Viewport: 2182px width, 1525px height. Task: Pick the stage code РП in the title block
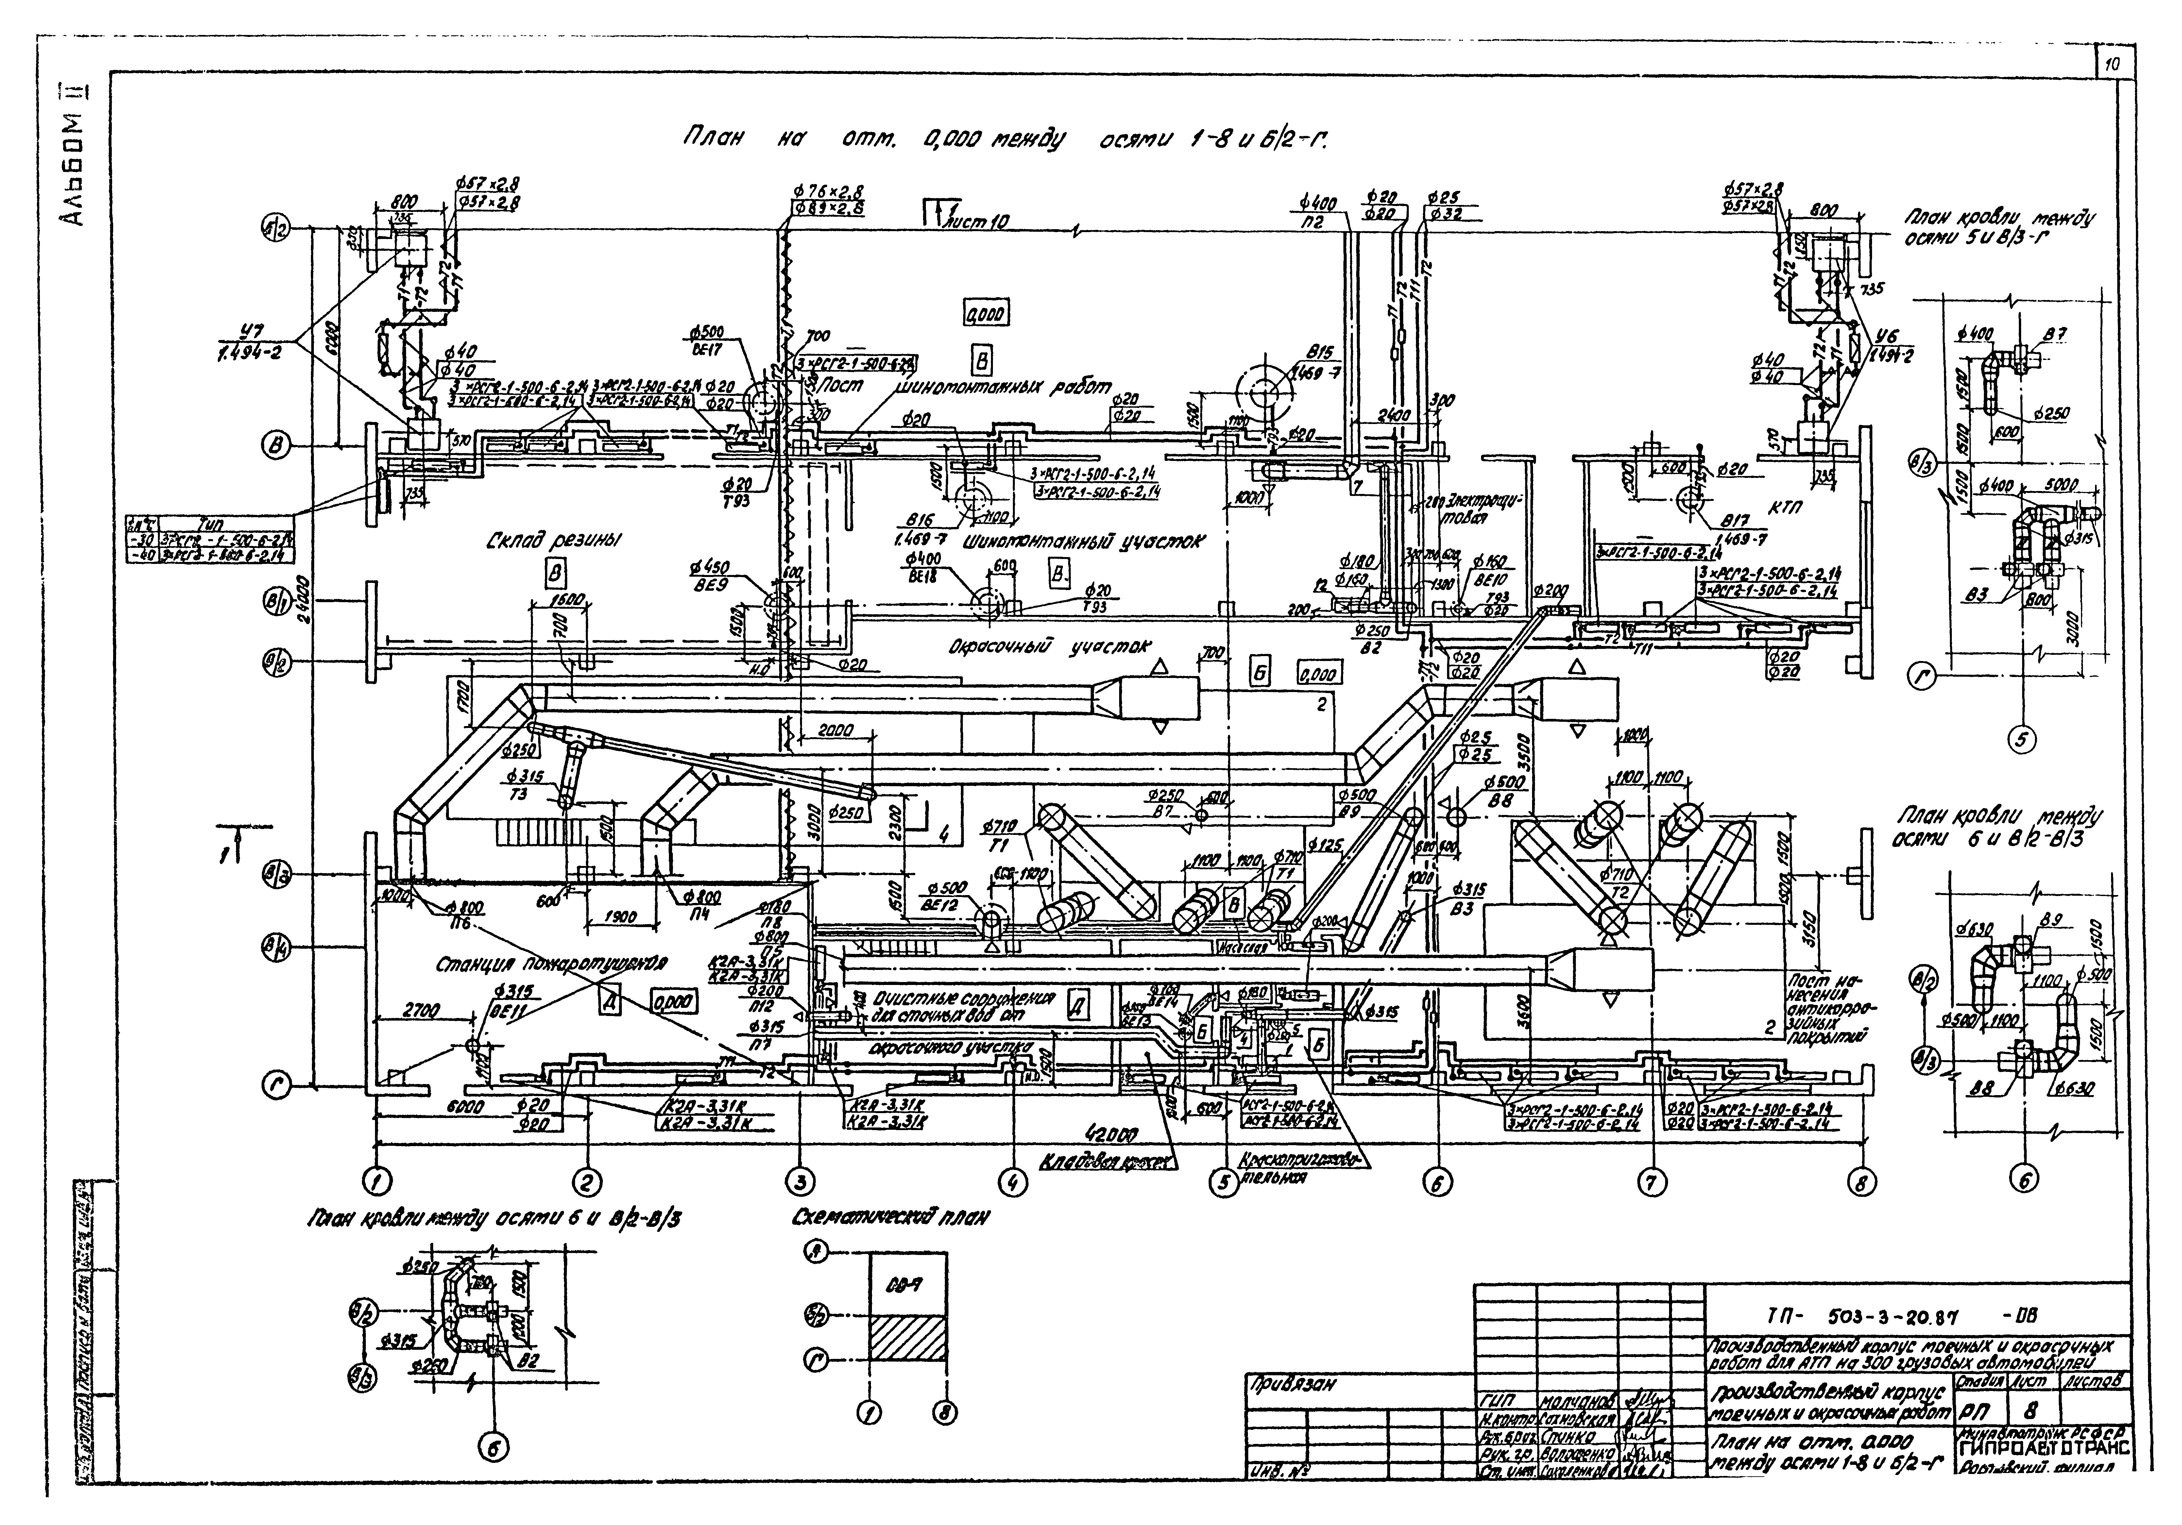[x=1970, y=1413]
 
